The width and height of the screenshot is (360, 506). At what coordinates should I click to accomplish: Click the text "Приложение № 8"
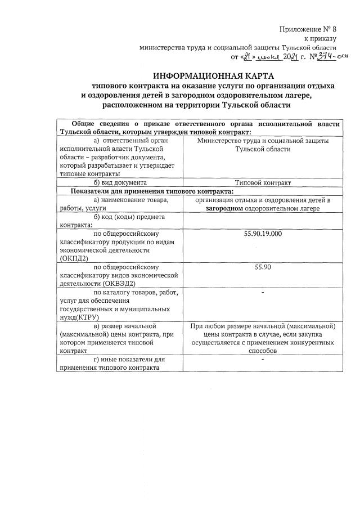coord(307,29)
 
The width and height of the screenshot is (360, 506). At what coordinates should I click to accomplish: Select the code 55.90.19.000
coord(263,233)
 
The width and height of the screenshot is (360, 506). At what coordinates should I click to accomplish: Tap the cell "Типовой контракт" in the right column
coord(263,182)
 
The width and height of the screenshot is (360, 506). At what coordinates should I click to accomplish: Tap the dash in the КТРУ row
coord(263,293)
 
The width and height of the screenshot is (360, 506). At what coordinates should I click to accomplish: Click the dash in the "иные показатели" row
coord(263,359)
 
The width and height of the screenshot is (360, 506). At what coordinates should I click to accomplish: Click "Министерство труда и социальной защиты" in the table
coord(263,141)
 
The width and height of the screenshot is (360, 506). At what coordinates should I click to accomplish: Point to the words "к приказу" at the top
coord(320,39)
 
